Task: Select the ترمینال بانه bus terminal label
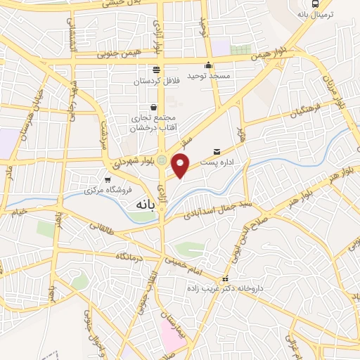pyautogui.click(x=316, y=13)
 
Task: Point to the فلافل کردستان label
pyautogui.click(x=155, y=81)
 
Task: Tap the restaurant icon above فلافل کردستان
pyautogui.click(x=155, y=70)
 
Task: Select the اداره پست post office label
pyautogui.click(x=216, y=162)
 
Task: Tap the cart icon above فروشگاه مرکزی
pyautogui.click(x=107, y=179)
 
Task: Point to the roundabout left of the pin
pyautogui.click(x=162, y=161)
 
